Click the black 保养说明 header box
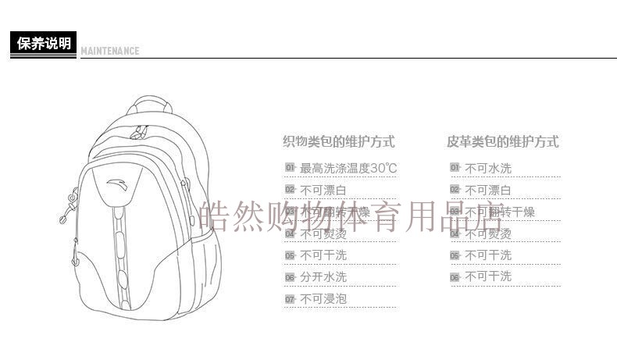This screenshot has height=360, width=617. click(x=45, y=43)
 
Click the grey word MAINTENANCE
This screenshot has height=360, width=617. click(x=110, y=52)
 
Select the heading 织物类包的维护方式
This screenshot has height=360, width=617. click(x=338, y=142)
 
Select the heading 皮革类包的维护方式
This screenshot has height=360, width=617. click(x=502, y=142)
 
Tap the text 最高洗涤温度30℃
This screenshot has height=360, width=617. click(x=348, y=168)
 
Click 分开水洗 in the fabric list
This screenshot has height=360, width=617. click(x=323, y=276)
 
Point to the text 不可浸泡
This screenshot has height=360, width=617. click(x=323, y=298)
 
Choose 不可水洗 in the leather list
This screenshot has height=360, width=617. click(x=488, y=168)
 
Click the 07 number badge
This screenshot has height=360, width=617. click(x=289, y=299)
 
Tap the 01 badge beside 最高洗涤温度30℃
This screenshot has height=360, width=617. click(x=289, y=168)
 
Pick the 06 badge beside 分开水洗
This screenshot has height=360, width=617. click(x=289, y=277)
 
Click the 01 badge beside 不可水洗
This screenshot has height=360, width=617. click(x=454, y=168)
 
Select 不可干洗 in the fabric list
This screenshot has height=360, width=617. click(x=323, y=255)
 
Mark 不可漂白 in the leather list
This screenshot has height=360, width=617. click(x=488, y=190)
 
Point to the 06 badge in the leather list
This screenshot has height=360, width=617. click(x=454, y=277)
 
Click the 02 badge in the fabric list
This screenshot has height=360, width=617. click(x=289, y=190)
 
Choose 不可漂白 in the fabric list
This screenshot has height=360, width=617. click(x=323, y=190)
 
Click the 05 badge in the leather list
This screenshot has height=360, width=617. click(x=454, y=255)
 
